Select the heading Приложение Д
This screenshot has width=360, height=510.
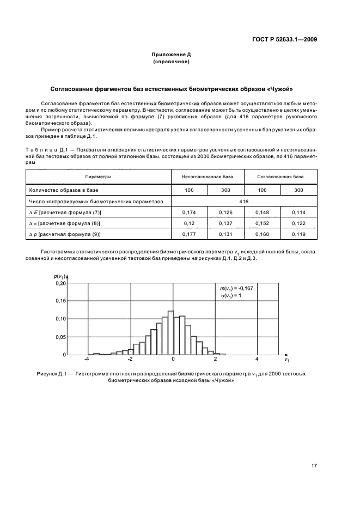pos(171,55)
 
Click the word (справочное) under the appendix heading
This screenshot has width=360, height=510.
pos(171,62)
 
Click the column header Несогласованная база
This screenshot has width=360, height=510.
pos(206,177)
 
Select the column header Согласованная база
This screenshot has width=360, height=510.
pos(280,177)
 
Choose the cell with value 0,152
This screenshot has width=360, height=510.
pos(261,223)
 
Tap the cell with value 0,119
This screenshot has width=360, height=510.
pos(298,234)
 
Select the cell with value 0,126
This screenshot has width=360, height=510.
pos(225,212)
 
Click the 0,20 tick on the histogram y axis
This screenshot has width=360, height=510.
pos(60,283)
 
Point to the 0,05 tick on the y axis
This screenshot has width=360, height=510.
pos(60,337)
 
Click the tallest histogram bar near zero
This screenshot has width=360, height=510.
pos(170,333)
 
